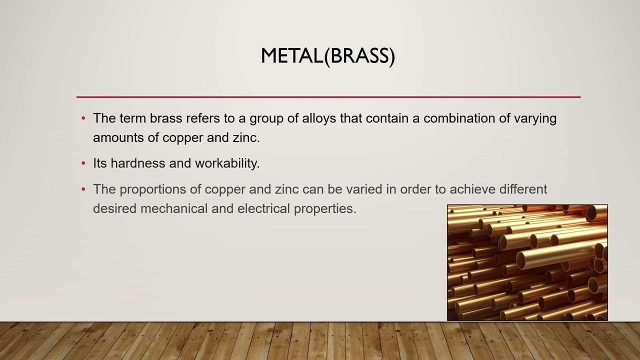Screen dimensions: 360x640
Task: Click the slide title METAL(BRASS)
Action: [328, 56]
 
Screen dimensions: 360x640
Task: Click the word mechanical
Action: [174, 208]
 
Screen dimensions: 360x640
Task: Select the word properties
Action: [324, 209]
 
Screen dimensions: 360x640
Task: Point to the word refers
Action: [203, 118]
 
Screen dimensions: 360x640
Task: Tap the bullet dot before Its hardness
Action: [83, 163]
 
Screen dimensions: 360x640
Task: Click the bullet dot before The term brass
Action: [83, 119]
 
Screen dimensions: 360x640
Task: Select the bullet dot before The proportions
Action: [83, 189]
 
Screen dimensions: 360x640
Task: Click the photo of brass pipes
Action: [527, 262]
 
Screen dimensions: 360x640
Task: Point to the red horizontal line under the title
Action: [328, 97]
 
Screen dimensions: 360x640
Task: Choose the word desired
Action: [115, 208]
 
